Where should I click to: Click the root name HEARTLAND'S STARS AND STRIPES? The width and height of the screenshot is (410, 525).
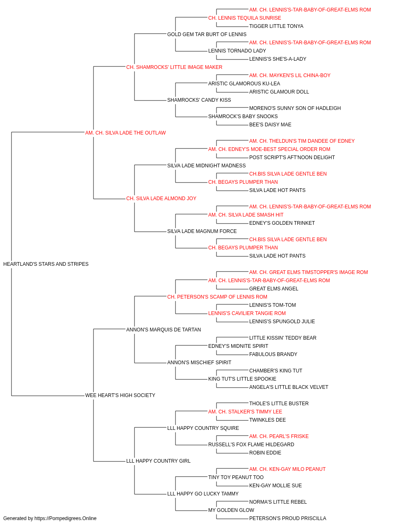[x=46, y=264]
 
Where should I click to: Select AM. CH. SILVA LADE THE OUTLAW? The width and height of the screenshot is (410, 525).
[x=125, y=133]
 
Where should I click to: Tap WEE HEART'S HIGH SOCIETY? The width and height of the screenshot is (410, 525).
[x=120, y=395]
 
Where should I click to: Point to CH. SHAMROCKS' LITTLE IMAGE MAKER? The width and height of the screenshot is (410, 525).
[x=174, y=67]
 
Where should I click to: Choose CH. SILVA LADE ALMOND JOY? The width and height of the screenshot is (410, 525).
[x=161, y=199]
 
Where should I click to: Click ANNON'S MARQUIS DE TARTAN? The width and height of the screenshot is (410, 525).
[x=164, y=329]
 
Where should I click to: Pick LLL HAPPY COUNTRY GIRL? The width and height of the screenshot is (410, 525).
[x=158, y=461]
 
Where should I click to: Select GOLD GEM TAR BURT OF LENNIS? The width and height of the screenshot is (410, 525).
[x=207, y=34]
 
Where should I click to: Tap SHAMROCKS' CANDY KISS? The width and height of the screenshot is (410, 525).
[x=199, y=100]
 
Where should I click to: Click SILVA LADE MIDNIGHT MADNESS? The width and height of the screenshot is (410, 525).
[x=207, y=165]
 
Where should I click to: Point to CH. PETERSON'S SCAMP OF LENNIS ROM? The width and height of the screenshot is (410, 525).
[x=217, y=297]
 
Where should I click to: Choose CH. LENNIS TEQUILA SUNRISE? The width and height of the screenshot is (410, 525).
[x=245, y=18]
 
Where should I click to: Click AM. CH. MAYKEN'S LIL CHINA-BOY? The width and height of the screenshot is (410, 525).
[x=290, y=75]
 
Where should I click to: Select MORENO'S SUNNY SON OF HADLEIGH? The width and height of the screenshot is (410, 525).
[x=295, y=108]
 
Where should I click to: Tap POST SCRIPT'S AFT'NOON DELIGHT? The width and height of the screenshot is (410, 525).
[x=292, y=157]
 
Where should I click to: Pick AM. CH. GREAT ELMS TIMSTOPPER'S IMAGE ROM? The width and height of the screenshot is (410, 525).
[x=309, y=272]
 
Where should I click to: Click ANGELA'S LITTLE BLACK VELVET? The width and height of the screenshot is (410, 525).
[x=289, y=387]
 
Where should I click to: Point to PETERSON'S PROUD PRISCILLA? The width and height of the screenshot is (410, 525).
[x=288, y=518]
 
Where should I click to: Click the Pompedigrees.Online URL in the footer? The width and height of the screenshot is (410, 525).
[x=66, y=518]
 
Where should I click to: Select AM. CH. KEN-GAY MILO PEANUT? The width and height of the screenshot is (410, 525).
[x=287, y=469]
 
